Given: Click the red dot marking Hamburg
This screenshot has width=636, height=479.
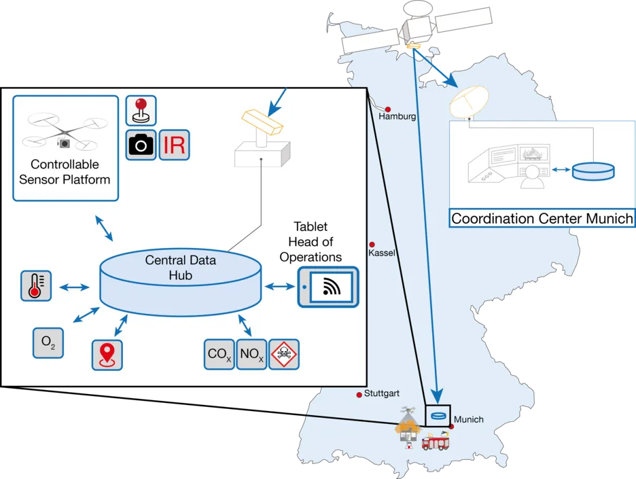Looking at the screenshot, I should [x=388, y=109].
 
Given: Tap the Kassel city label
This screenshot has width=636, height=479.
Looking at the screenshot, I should [x=381, y=253].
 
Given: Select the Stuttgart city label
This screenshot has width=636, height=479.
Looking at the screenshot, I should [x=381, y=393].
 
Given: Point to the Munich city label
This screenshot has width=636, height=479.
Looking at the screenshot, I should [x=469, y=419].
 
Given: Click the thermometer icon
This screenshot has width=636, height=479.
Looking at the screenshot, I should [x=35, y=285].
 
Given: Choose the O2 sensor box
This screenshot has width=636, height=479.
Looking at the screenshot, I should [x=48, y=343].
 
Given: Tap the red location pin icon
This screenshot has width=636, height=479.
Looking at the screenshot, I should [x=107, y=355].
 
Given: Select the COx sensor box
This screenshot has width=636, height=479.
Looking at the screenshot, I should [x=219, y=354].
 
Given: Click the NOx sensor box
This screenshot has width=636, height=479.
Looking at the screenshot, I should [x=251, y=354].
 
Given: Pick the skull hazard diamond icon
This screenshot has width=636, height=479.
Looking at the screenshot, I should [x=284, y=354].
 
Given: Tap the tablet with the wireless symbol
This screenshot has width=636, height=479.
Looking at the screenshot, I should [x=328, y=287].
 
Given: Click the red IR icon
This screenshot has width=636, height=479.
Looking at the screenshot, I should [x=175, y=145].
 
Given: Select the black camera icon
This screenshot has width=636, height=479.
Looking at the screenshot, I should [x=141, y=145].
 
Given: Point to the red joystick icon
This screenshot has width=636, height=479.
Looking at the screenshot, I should [x=141, y=110].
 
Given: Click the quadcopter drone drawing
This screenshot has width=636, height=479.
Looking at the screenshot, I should [x=64, y=132].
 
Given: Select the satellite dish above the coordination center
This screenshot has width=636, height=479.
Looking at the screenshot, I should [x=467, y=102].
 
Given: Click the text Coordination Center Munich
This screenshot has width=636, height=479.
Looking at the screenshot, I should [x=542, y=219].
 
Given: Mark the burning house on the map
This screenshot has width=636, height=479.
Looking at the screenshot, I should [x=408, y=429].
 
